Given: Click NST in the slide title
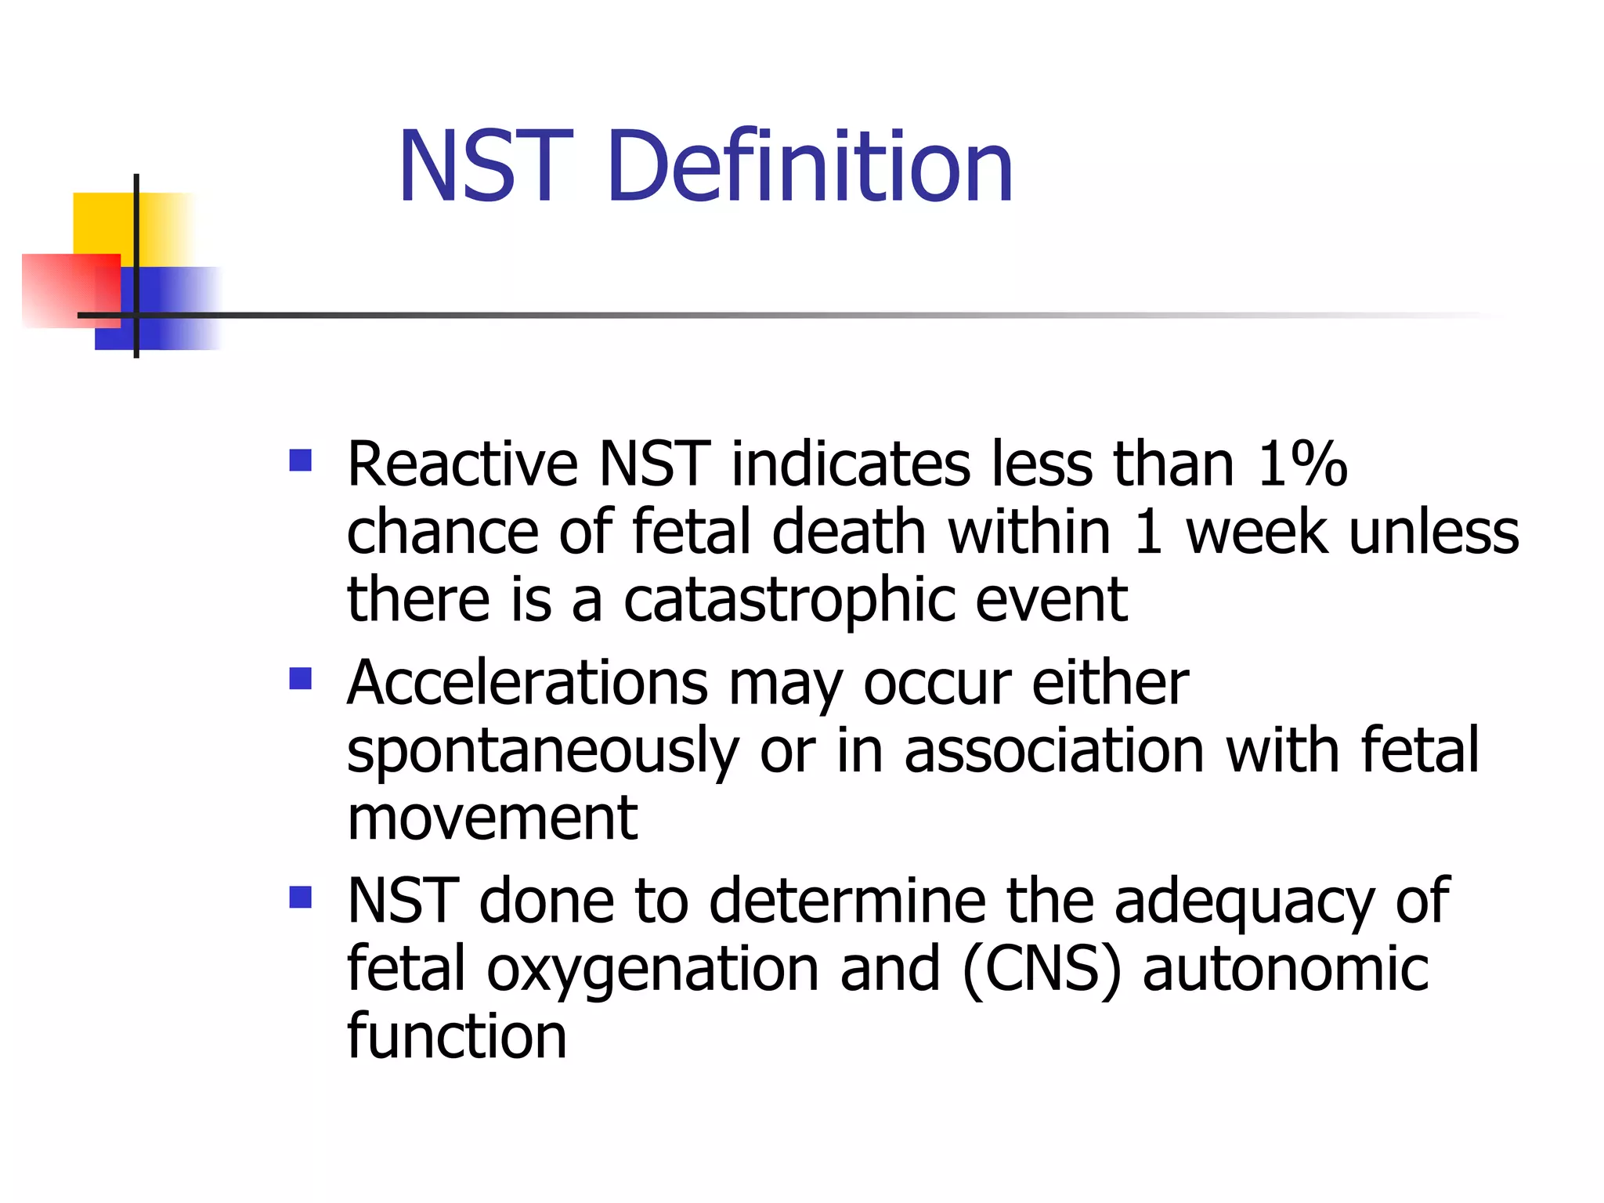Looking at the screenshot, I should pyautogui.click(x=485, y=167).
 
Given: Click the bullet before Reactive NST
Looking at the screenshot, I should pyautogui.click(x=301, y=460).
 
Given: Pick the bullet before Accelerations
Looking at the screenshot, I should pyautogui.click(x=301, y=678).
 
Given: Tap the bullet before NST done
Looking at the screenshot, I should pyautogui.click(x=301, y=897).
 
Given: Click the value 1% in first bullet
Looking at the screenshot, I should pyautogui.click(x=1302, y=464).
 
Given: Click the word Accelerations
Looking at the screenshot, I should pyautogui.click(x=527, y=683).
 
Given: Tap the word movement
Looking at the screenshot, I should pyautogui.click(x=492, y=818).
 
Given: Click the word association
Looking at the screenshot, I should pyautogui.click(x=1054, y=750).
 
